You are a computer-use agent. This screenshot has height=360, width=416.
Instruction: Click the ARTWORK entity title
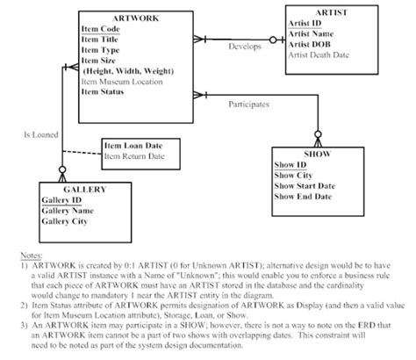click(x=130, y=18)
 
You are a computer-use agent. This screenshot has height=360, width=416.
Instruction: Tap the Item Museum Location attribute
click(x=130, y=80)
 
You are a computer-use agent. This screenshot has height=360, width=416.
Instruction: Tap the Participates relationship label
click(x=248, y=104)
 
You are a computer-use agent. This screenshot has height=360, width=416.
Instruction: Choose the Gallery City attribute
click(x=68, y=221)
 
